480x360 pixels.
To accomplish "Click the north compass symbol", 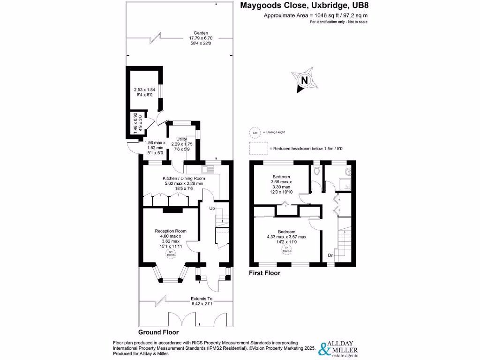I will (x=305, y=80).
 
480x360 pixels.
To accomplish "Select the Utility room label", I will (x=181, y=139).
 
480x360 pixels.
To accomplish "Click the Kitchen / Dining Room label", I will (x=184, y=179).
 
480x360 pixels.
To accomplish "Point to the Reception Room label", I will (x=171, y=231).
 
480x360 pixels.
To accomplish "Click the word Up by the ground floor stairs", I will (x=212, y=208).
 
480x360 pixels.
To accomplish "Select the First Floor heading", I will (x=265, y=273).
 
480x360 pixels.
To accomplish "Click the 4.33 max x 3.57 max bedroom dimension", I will (x=286, y=237).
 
